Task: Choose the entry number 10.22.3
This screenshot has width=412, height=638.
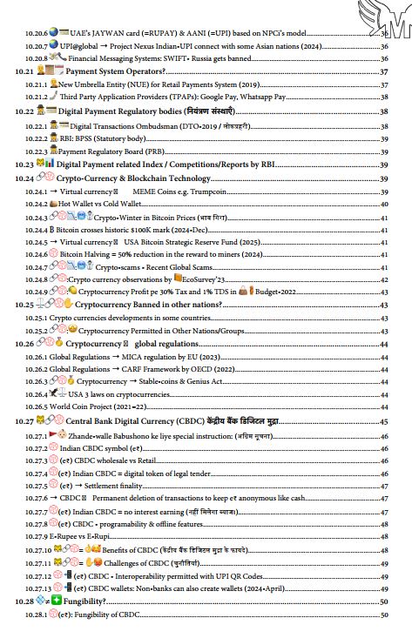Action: click(x=37, y=151)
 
